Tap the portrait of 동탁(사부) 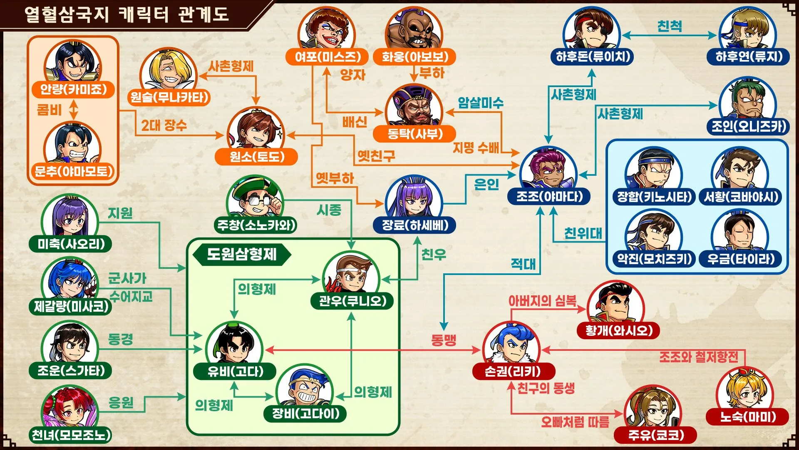pyautogui.click(x=414, y=106)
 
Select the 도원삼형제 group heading pyautogui.click(x=242, y=254)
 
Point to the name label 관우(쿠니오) pyautogui.click(x=352, y=301)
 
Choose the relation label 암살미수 pyautogui.click(x=481, y=103)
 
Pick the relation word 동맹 pyautogui.click(x=444, y=340)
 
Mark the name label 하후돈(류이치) pyautogui.click(x=593, y=56)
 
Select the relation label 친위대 pyautogui.click(x=583, y=233)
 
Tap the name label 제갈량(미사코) pyautogui.click(x=71, y=307)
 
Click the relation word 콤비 pyautogui.click(x=49, y=110)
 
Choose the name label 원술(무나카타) pyautogui.click(x=169, y=97)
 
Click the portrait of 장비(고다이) pyautogui.click(x=305, y=388)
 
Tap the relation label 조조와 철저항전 pyautogui.click(x=699, y=357)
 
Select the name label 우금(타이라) pyautogui.click(x=741, y=259)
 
